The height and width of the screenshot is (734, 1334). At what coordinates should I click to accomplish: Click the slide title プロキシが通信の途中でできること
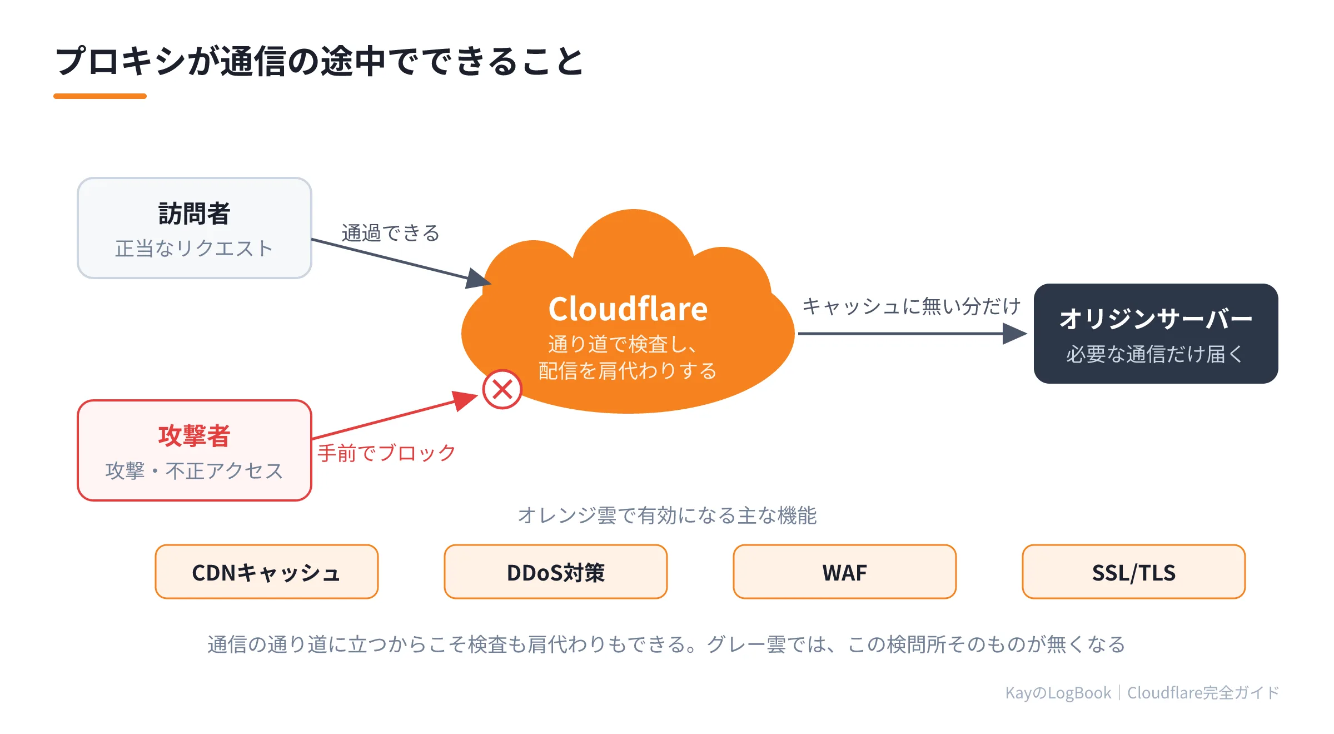pyautogui.click(x=320, y=61)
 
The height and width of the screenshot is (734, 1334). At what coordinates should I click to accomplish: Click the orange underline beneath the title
pyautogui.click(x=100, y=96)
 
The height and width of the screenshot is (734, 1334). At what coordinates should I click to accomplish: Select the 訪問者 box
pyautogui.click(x=195, y=228)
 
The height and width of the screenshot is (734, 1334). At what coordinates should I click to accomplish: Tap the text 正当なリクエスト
pyautogui.click(x=195, y=249)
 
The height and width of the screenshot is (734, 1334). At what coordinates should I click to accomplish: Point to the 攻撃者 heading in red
pyautogui.click(x=195, y=435)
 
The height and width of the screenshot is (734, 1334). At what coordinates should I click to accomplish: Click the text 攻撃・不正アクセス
pyautogui.click(x=195, y=471)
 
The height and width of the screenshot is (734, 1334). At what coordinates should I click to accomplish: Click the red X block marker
pyautogui.click(x=502, y=389)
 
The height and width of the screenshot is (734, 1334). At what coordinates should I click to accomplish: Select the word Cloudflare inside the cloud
pyautogui.click(x=628, y=309)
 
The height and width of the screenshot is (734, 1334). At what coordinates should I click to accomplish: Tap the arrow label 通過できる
pyautogui.click(x=391, y=233)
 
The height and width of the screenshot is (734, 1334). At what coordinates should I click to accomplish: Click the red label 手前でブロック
pyautogui.click(x=387, y=453)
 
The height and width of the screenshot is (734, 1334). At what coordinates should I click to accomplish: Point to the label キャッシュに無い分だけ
pyautogui.click(x=912, y=306)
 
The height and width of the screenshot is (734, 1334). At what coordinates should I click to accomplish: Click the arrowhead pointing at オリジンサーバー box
pyautogui.click(x=1015, y=334)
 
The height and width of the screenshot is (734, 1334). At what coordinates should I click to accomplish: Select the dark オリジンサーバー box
pyautogui.click(x=1156, y=334)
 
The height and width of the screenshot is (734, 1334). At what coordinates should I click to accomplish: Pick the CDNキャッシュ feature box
pyautogui.click(x=267, y=572)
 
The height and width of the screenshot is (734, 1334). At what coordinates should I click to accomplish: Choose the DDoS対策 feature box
pyautogui.click(x=556, y=572)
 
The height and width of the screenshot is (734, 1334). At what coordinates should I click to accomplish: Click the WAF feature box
pyautogui.click(x=845, y=572)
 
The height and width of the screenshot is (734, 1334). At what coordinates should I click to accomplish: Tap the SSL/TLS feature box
pyautogui.click(x=1134, y=572)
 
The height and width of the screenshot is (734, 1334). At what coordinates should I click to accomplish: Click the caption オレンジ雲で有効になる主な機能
pyautogui.click(x=667, y=515)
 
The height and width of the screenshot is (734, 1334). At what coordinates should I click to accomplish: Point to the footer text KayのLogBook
pyautogui.click(x=1058, y=693)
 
